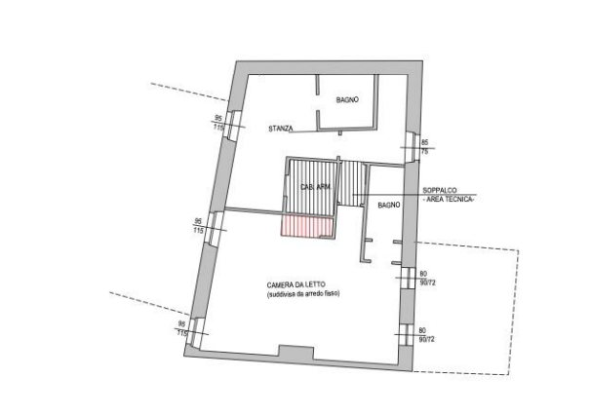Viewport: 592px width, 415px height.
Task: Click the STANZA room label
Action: click(282, 128)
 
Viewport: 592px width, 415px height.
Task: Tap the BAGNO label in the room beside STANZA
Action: click(348, 99)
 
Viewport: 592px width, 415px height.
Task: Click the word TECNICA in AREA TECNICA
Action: click(458, 198)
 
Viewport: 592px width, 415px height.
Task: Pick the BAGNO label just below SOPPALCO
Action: click(390, 206)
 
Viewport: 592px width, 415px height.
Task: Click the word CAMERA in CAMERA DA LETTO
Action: click(282, 283)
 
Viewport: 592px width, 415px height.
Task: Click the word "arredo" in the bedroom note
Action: click(315, 292)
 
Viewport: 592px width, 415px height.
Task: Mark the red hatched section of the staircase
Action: click(306, 225)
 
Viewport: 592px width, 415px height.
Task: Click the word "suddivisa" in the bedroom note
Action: click(281, 292)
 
